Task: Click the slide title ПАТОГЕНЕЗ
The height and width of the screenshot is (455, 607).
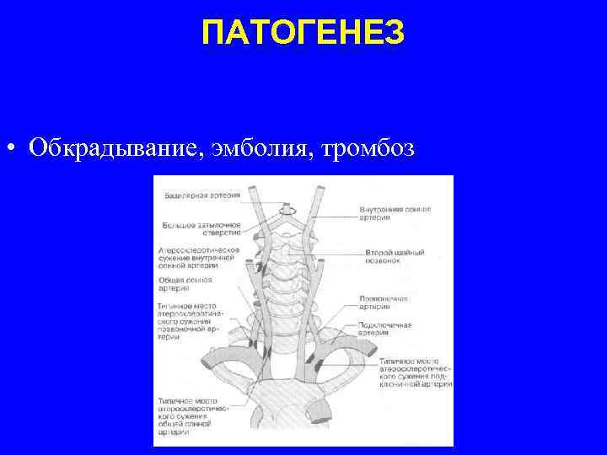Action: [303, 35]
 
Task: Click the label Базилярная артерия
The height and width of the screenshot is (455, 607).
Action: [201, 195]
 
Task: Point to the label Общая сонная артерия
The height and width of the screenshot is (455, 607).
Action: [185, 284]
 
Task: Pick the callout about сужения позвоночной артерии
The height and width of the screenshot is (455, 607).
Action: [188, 321]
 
